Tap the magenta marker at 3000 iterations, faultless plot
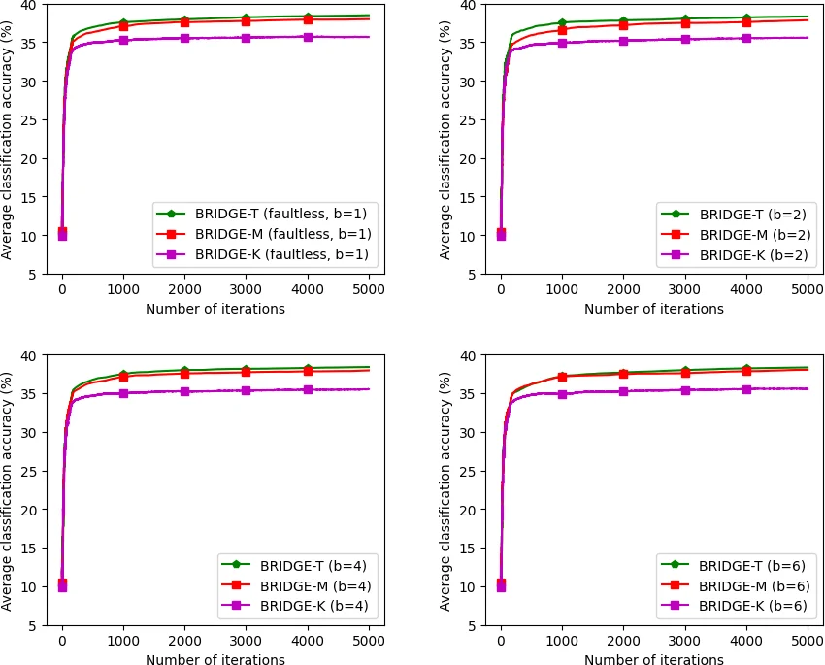pyautogui.click(x=246, y=38)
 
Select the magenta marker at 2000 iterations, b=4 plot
pyautogui.click(x=184, y=391)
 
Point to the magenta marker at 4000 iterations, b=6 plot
pyautogui.click(x=745, y=389)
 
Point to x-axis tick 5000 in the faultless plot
pyautogui.click(x=368, y=289)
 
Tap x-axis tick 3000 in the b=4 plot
pyautogui.click(x=246, y=641)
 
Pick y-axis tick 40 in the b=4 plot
pyautogui.click(x=48, y=355)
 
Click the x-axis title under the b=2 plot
pyautogui.click(x=653, y=309)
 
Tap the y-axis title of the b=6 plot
pyautogui.click(x=445, y=490)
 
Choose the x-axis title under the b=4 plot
pyautogui.click(x=214, y=660)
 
